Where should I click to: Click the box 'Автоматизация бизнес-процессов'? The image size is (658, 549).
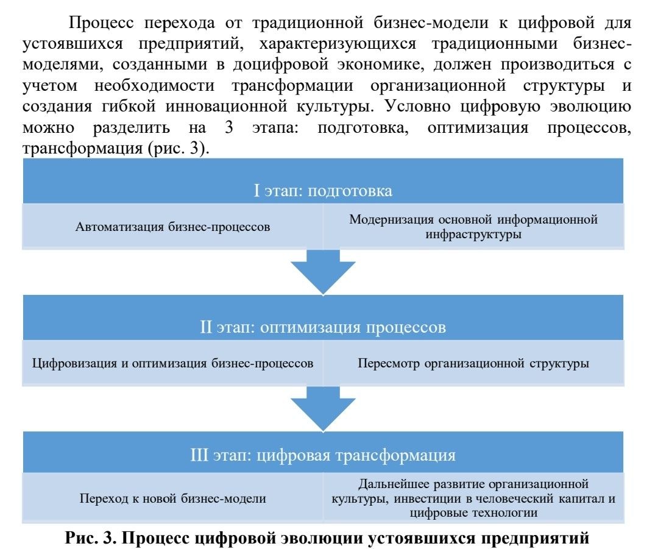point(172,227)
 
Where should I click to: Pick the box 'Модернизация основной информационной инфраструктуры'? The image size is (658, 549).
point(473,227)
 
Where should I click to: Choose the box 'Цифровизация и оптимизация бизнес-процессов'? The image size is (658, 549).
point(172,363)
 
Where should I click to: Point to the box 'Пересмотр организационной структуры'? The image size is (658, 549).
point(473,363)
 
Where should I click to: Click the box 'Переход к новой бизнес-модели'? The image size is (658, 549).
point(172,498)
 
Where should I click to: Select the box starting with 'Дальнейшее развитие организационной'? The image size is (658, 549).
point(473,498)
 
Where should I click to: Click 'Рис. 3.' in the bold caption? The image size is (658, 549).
point(90,537)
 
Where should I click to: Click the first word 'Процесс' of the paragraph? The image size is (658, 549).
point(101,23)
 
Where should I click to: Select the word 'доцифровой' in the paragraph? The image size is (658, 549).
point(280,65)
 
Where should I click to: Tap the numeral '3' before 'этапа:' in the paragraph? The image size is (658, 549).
point(228,127)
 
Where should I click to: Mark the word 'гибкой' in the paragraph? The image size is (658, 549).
point(129,106)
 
